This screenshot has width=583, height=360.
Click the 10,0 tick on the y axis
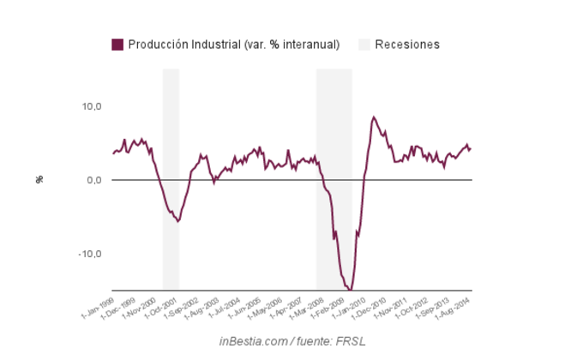pos(92,106)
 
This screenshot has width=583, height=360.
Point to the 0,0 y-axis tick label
pos(93,180)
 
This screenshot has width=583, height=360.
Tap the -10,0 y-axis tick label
pos(90,254)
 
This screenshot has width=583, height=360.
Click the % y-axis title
pos(39,180)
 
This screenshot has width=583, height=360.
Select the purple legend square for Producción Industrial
pos(117,45)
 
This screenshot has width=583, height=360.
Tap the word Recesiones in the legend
pos(407,45)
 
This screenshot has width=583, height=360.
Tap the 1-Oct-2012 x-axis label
pos(422,307)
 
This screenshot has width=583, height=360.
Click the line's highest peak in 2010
pos(374,117)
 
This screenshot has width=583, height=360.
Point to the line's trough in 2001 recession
pos(178,221)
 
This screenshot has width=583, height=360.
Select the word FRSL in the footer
pos(350,342)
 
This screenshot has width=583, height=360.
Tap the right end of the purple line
pos(471,148)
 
